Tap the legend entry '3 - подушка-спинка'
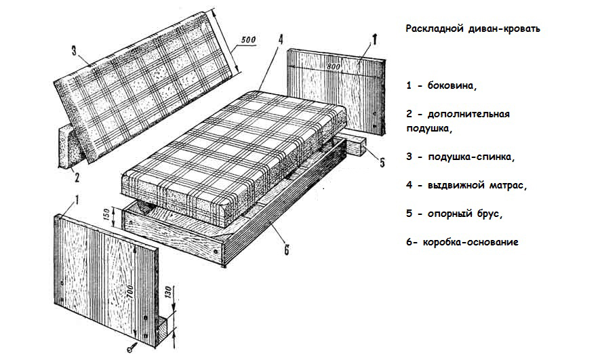click(460, 157)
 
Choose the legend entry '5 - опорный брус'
click(454, 213)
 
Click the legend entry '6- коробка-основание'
click(462, 242)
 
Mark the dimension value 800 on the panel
click(334, 68)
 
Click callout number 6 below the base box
click(287, 252)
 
